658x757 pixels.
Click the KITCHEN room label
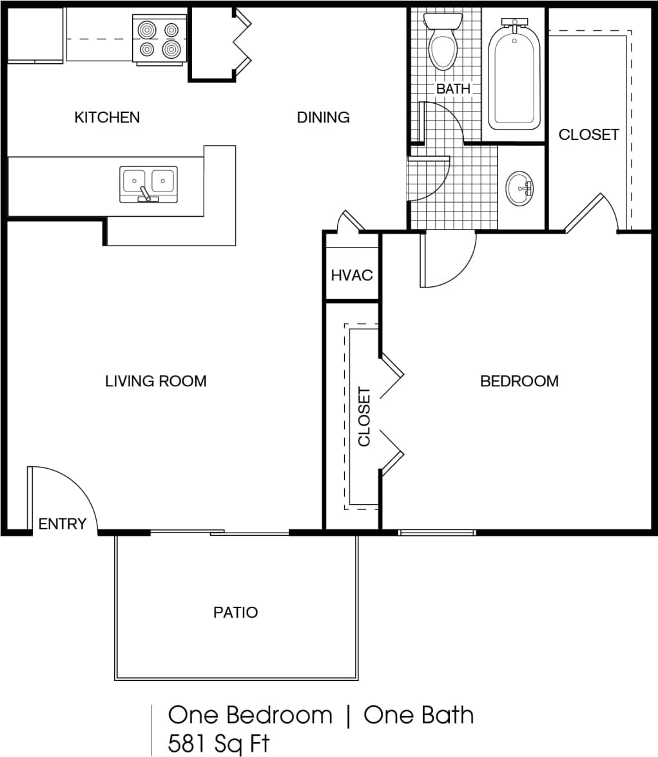107,117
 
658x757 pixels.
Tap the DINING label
323,117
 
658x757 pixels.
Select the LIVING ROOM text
156,381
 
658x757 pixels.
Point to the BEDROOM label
519,381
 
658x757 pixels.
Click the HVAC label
352,275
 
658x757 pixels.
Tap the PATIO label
236,612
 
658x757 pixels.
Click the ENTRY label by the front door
62,524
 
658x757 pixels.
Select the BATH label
453,89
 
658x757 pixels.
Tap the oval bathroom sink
519,188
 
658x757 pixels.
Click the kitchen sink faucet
146,193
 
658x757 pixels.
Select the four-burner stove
159,39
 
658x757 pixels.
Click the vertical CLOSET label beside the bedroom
365,417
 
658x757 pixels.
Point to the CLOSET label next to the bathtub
588,135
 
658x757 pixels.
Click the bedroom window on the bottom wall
437,533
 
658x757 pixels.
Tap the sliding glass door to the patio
219,533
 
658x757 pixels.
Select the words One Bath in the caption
418,715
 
